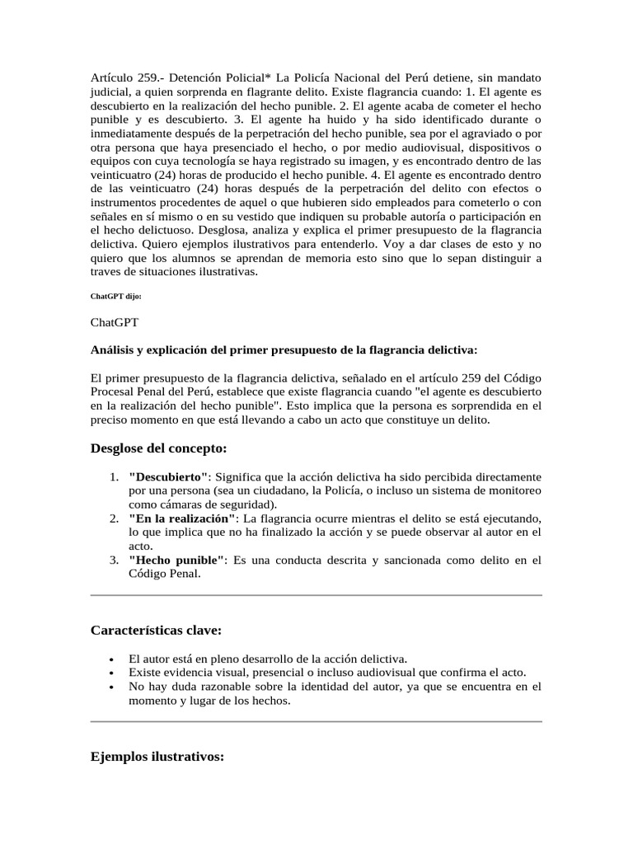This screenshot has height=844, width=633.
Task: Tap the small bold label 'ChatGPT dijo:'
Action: pyautogui.click(x=116, y=296)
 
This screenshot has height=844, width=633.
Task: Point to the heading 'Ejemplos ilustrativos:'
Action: pyautogui.click(x=157, y=757)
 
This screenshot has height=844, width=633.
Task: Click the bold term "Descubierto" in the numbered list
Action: pyautogui.click(x=170, y=476)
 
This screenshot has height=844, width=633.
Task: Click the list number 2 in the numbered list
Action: pyautogui.click(x=114, y=518)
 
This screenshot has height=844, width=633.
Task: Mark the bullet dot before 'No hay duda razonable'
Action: pyautogui.click(x=111, y=687)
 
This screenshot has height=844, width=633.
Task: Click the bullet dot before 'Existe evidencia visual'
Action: pyautogui.click(x=111, y=673)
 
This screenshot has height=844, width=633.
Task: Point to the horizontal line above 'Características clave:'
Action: pyautogui.click(x=316, y=595)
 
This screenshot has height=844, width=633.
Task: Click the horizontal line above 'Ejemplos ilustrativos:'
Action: pyautogui.click(x=316, y=722)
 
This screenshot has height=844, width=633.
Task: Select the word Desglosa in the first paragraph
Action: pyautogui.click(x=219, y=232)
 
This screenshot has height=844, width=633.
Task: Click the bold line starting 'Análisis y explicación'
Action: pyautogui.click(x=284, y=349)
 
